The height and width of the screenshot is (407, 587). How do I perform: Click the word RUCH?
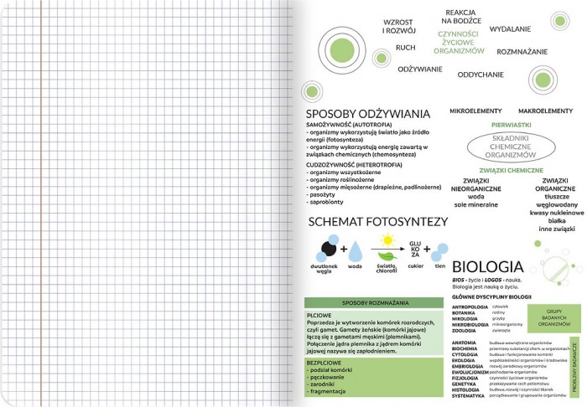coord(405,48)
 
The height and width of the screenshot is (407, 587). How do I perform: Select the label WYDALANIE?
coord(510,29)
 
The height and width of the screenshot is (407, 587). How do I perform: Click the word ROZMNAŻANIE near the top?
coord(522,52)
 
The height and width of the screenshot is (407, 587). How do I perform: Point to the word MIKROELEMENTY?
coord(476,111)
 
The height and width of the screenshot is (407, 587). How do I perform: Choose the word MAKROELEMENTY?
coord(544,111)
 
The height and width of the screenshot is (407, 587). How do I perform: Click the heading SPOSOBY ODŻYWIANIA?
coord(367,113)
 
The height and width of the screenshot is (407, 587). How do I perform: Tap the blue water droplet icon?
coord(354,250)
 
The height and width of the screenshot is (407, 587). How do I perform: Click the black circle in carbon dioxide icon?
coord(322,248)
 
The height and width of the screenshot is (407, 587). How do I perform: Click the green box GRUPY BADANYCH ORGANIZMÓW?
coord(553,319)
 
